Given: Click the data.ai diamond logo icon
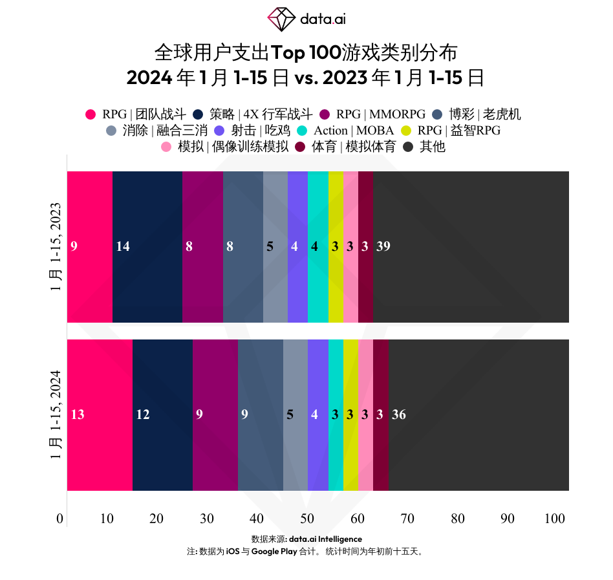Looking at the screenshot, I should click(281, 19).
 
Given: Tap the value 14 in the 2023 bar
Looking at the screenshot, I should click(122, 246).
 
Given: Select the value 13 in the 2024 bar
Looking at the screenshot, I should click(77, 414).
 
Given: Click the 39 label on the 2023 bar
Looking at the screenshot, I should click(383, 246).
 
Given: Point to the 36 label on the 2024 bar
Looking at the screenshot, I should click(398, 414).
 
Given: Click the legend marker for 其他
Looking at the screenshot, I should click(409, 147).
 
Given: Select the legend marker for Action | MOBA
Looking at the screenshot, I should click(301, 131).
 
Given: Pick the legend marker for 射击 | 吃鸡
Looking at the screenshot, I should click(219, 131).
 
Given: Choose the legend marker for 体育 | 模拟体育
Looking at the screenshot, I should click(300, 147).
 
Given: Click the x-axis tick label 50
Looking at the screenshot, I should click(307, 519).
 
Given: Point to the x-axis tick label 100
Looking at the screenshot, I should click(555, 519).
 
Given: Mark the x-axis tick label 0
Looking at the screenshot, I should click(60, 519).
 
